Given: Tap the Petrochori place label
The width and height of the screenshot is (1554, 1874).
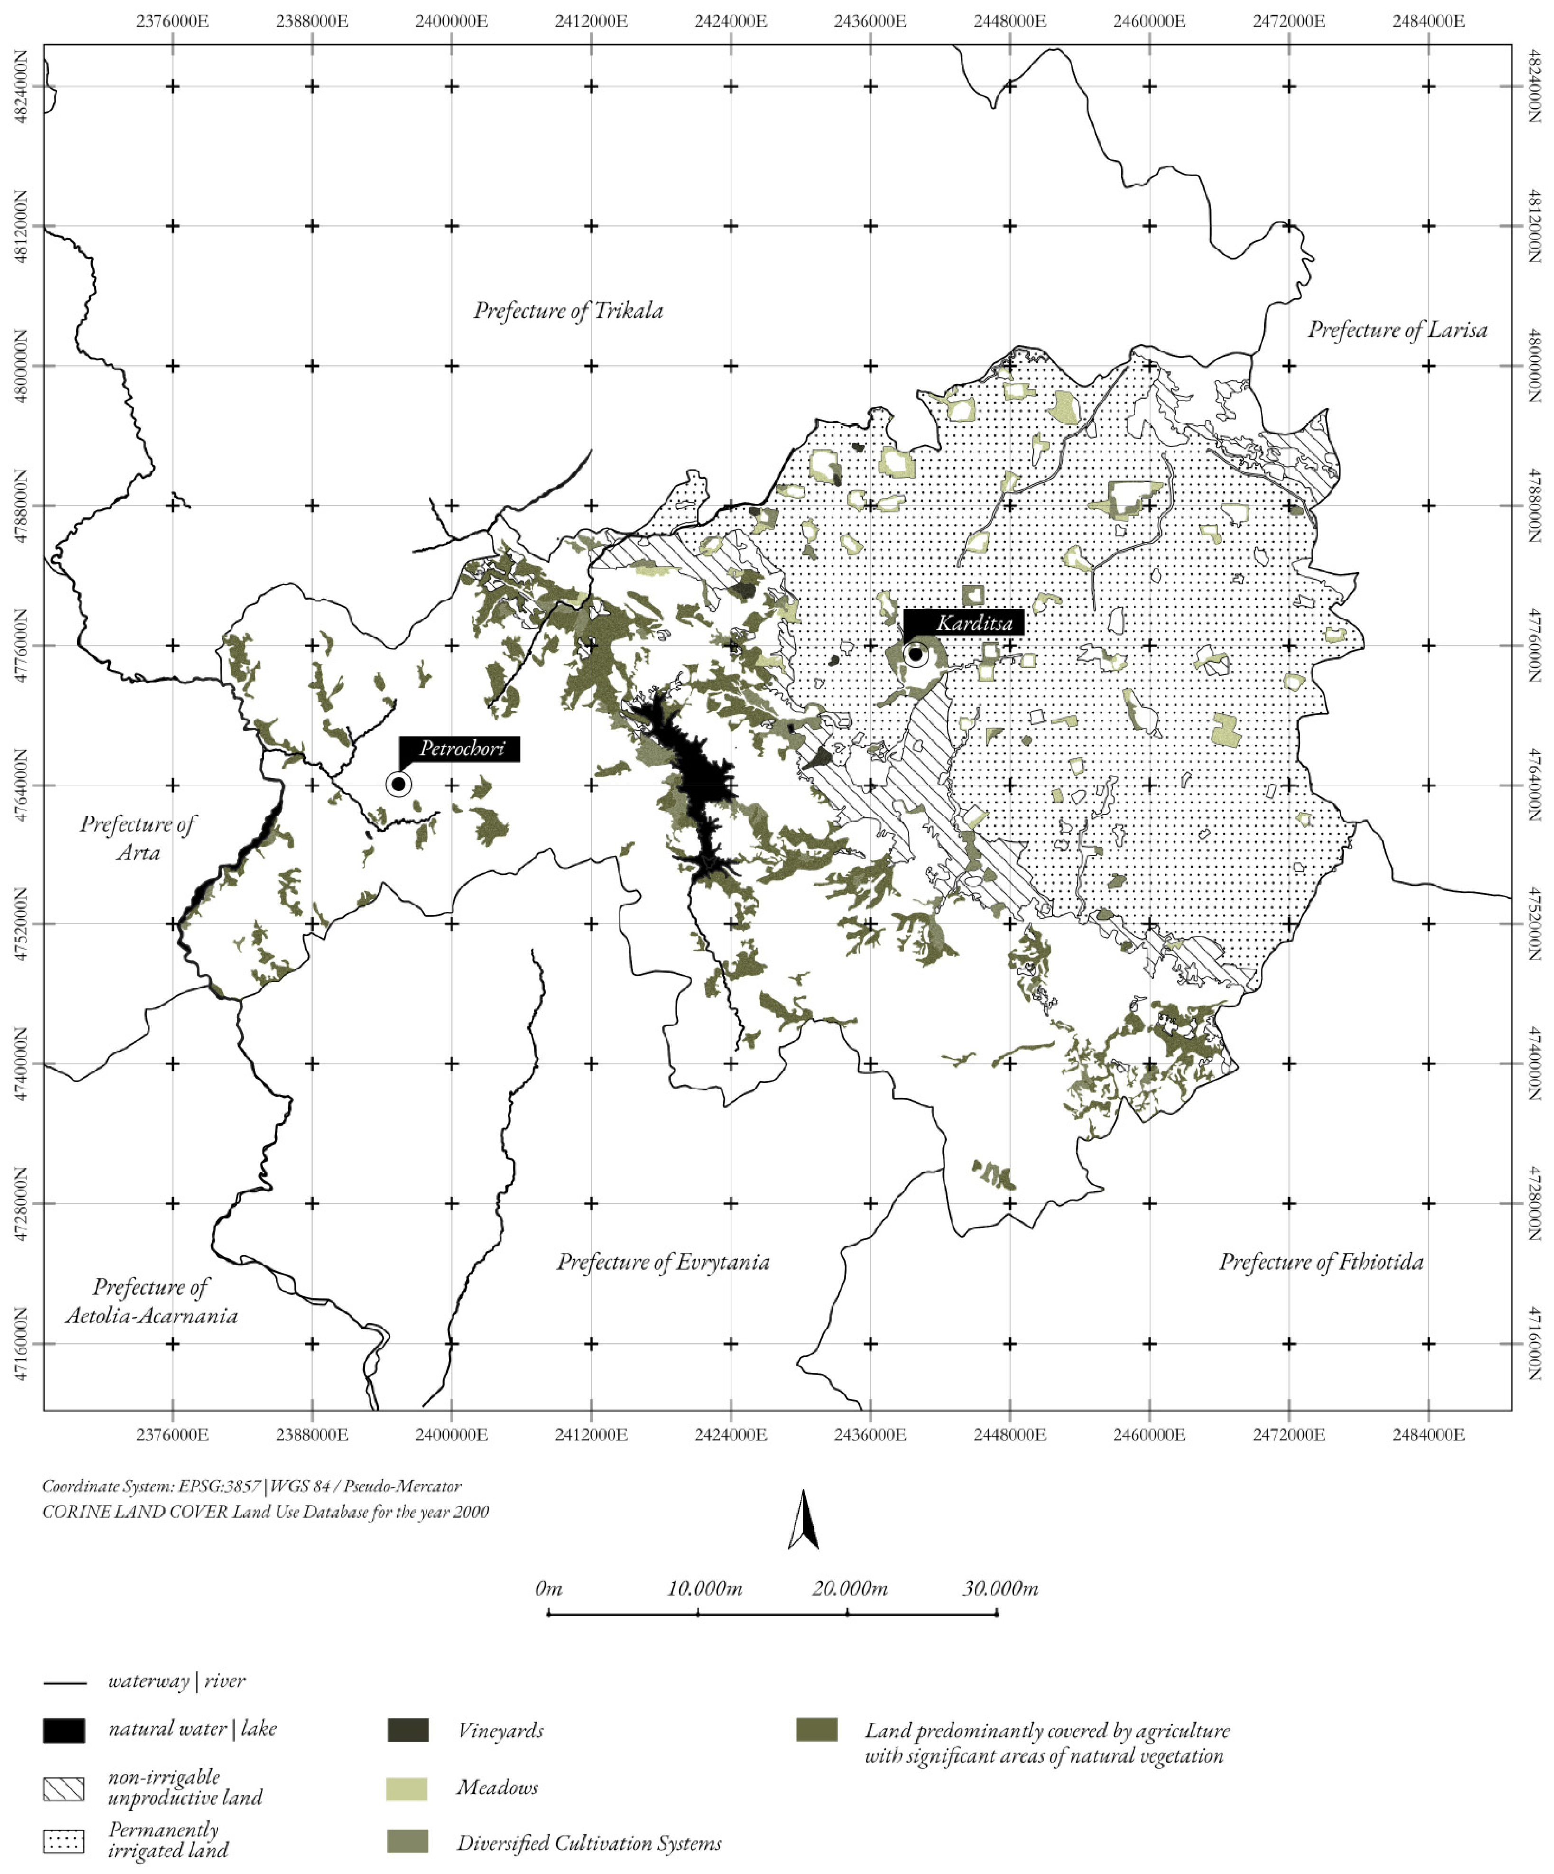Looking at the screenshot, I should click(461, 748).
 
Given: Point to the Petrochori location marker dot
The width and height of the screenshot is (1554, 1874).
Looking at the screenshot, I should click(398, 785).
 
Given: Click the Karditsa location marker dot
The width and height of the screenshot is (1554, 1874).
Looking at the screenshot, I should click(915, 654).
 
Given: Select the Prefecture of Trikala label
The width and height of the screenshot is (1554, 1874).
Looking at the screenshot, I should click(568, 311).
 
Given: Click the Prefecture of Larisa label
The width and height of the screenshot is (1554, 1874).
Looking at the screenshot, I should click(1397, 330).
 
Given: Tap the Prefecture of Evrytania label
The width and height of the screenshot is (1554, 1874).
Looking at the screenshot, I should click(663, 1262).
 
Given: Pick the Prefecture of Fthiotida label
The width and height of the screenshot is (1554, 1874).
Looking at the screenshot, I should click(1321, 1262).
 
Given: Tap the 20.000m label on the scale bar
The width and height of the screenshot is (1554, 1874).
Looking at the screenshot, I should click(849, 1588).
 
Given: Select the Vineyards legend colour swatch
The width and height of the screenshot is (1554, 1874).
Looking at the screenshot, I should click(408, 1730).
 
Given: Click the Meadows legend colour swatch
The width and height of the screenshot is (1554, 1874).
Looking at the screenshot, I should click(406, 1788).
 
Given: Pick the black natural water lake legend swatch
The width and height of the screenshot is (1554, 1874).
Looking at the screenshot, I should click(64, 1730).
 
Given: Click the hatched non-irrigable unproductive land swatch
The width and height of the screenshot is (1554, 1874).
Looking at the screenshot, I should click(64, 1788).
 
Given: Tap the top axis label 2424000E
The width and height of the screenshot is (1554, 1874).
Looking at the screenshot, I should click(730, 20).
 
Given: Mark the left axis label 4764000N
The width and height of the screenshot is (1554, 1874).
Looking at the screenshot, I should click(19, 785).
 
